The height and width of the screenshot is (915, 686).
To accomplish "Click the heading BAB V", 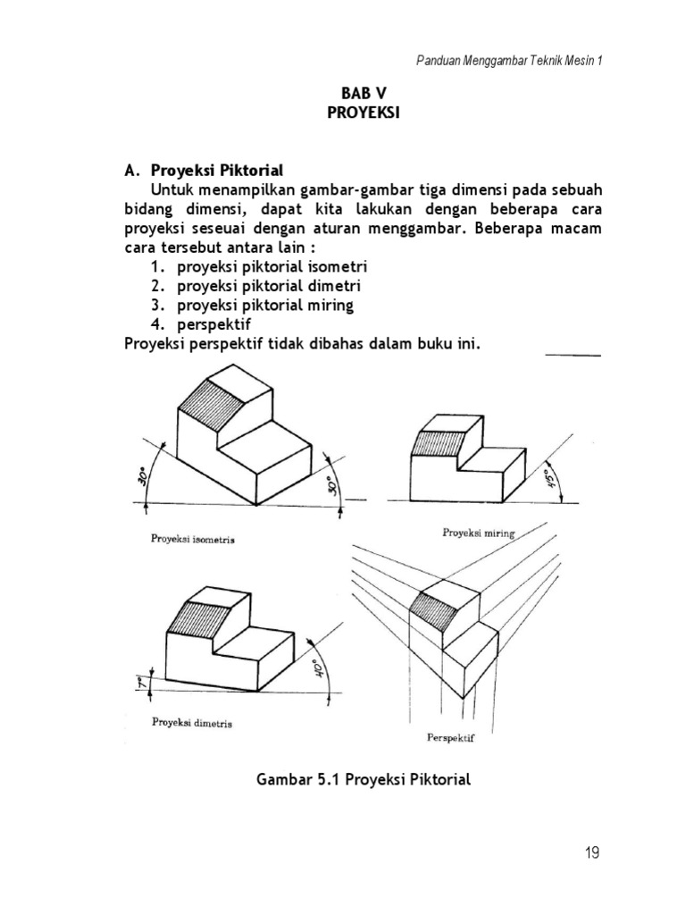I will [x=362, y=94].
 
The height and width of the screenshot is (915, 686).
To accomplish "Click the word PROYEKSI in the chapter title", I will [x=362, y=113].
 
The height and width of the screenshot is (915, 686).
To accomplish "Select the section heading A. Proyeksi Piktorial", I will [x=204, y=170].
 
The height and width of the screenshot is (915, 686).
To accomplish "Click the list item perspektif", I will [x=214, y=323].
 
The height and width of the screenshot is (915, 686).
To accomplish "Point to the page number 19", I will [x=592, y=853].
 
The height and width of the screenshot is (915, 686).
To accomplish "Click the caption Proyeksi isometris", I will [x=199, y=540].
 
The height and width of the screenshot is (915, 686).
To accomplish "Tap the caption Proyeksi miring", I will [x=479, y=533].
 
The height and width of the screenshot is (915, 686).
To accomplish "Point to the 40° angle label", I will [x=315, y=667].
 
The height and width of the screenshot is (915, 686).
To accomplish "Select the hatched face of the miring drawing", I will [x=438, y=444].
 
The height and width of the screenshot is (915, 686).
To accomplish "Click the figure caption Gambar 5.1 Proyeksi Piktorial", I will [x=363, y=779].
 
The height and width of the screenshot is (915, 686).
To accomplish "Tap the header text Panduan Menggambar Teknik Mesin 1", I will [x=510, y=60].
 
